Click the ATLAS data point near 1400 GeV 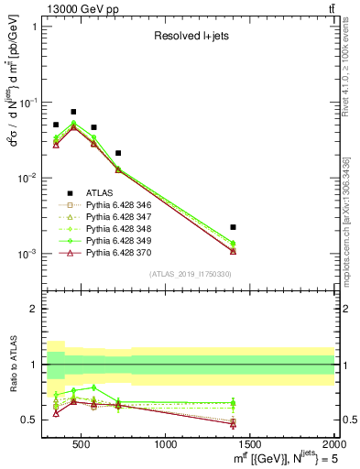(234, 226)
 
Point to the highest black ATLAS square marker (73, 112)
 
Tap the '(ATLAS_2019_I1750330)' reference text (190, 274)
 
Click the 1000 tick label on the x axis (166, 445)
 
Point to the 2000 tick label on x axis (333, 445)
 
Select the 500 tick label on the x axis (82, 445)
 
